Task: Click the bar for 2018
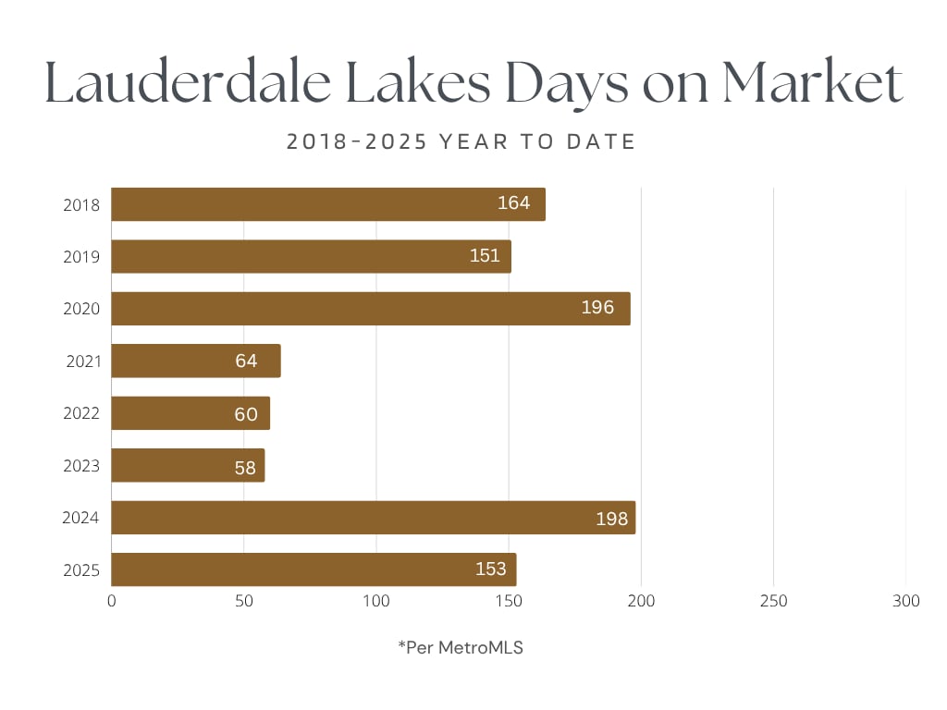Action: click(328, 204)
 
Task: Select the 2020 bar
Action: click(370, 309)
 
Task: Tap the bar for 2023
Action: click(188, 465)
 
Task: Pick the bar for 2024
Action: click(373, 518)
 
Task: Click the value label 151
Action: click(485, 256)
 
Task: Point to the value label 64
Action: click(246, 361)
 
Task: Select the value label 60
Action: click(246, 413)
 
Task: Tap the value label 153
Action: click(491, 569)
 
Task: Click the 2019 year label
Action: click(81, 256)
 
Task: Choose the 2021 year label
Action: click(83, 361)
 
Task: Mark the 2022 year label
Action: click(81, 413)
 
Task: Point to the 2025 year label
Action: click(81, 569)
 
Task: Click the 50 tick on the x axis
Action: click(243, 602)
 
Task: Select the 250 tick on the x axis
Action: click(773, 602)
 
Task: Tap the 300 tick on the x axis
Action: click(906, 602)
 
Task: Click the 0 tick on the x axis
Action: click(112, 602)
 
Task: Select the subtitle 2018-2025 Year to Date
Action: click(461, 142)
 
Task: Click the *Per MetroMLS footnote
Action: click(461, 648)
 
